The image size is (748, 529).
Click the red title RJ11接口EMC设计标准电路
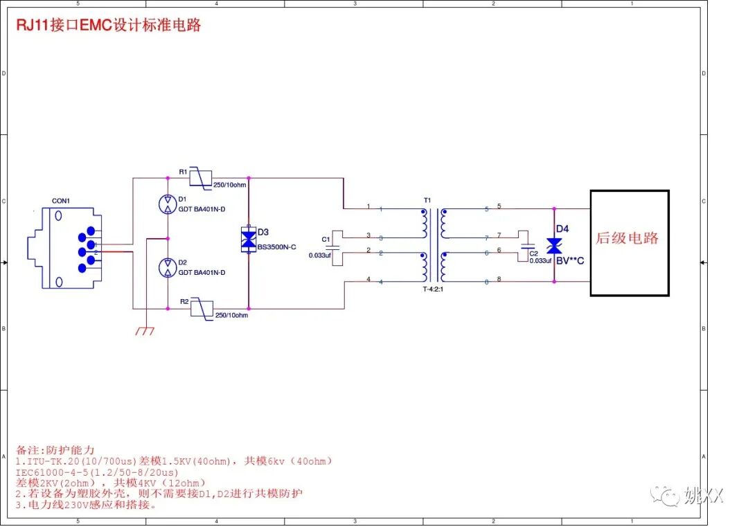point(109,26)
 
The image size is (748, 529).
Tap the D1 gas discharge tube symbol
point(168,204)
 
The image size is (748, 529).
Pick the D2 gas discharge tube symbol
point(168,267)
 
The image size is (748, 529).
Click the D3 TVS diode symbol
point(248,238)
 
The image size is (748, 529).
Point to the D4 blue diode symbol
point(554,246)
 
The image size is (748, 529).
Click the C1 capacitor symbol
point(332,246)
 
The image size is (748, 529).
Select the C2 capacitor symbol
point(527,246)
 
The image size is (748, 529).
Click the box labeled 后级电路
point(629,242)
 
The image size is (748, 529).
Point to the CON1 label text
point(61,201)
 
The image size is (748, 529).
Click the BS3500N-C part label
point(277,247)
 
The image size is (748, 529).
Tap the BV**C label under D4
point(570,261)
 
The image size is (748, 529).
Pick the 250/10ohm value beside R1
point(230,186)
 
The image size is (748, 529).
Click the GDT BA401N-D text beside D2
point(202,273)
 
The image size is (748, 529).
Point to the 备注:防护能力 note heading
point(54,449)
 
